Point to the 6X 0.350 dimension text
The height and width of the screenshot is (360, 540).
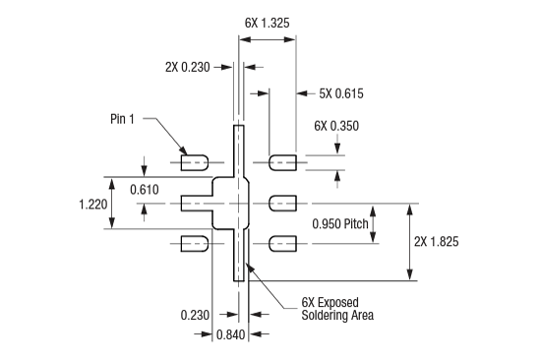(x=336, y=126)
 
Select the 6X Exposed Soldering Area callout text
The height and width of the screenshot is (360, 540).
(x=336, y=309)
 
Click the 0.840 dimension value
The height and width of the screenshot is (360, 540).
(x=230, y=336)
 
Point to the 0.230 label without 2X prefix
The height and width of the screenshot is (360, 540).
(x=196, y=315)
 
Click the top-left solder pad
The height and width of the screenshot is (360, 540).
(x=194, y=160)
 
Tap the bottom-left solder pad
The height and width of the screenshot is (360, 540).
(x=194, y=243)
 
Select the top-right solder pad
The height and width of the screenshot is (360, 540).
(x=283, y=160)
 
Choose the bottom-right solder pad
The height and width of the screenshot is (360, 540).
(x=283, y=243)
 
